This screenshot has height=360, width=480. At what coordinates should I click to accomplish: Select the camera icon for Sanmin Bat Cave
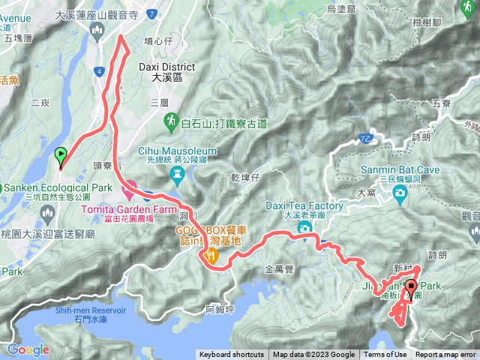coord(400,193)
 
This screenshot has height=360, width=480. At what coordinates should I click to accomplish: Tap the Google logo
coord(28,349)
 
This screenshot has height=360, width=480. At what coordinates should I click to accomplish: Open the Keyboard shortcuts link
coord(232,355)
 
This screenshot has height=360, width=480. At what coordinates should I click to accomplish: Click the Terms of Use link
coord(385,355)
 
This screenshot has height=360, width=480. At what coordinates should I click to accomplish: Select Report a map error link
coord(445,355)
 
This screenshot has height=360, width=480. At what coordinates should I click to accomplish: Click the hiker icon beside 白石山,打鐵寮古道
coord(172,121)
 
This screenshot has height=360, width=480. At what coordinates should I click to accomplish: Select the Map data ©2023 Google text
coord(313,355)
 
